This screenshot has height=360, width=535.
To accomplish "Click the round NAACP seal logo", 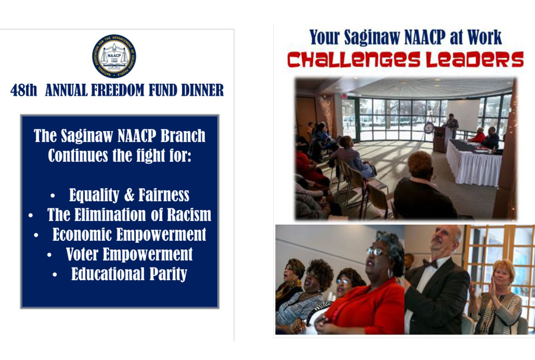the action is tap(114, 56).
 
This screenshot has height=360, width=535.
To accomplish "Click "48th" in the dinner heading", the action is tap(24, 90).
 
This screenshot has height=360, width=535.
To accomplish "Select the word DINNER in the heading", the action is tap(202, 90).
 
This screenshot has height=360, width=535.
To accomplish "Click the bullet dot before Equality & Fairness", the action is tap(52, 196).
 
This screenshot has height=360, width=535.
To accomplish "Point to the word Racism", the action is tap(189, 215).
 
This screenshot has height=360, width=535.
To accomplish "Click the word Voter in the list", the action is tap(82, 254).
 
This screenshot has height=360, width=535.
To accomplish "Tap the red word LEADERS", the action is tap(475, 59).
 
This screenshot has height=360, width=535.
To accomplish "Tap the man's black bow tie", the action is tap(430, 263).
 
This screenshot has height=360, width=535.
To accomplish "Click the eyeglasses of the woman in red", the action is tap(377, 252).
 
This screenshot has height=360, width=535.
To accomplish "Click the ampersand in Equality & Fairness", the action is tap(129, 195).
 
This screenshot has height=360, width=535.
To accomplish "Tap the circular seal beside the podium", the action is tap(429, 128).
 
